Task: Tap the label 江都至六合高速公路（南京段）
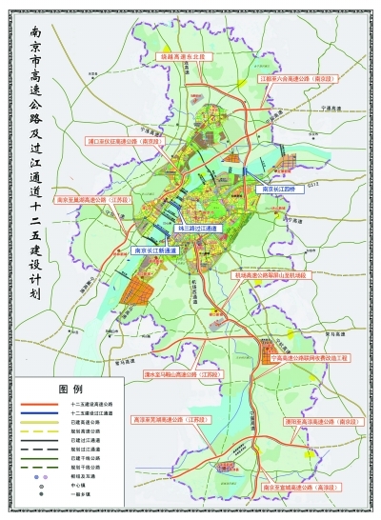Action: [x=297, y=80]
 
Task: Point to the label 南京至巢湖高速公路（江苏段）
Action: [x=92, y=201]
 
